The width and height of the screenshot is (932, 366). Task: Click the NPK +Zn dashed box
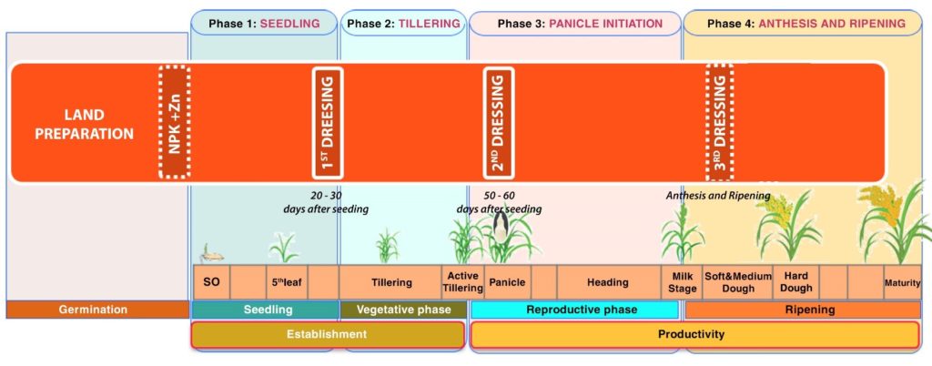click(x=174, y=122)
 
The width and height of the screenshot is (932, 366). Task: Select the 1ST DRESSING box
click(x=327, y=122)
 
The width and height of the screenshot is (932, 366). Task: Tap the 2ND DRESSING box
click(x=499, y=122)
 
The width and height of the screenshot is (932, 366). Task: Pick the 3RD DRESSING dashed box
click(x=719, y=122)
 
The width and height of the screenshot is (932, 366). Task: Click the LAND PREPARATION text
click(x=85, y=124)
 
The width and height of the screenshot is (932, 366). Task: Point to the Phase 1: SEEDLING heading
click(x=264, y=23)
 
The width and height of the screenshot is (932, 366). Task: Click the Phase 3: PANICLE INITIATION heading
click(x=574, y=23)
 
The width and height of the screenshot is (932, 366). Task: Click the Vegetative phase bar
click(x=403, y=310)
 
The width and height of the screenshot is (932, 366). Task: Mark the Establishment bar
click(x=328, y=334)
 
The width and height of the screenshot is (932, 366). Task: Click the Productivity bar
click(x=694, y=334)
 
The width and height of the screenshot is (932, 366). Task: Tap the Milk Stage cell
click(x=683, y=282)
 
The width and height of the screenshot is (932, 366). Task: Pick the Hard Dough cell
click(x=795, y=282)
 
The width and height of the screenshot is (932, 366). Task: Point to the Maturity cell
click(x=902, y=282)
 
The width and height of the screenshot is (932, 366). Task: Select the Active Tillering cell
click(x=462, y=282)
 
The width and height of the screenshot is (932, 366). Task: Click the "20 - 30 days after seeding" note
click(x=325, y=202)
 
